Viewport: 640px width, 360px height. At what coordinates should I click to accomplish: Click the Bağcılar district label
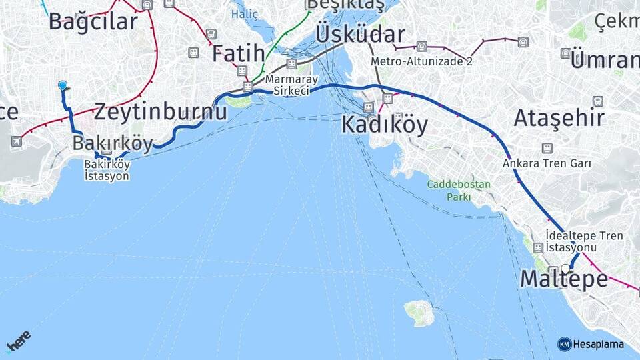(93, 21)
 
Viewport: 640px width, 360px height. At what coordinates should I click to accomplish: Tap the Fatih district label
(239, 53)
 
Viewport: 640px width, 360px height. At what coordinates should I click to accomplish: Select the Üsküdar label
(360, 34)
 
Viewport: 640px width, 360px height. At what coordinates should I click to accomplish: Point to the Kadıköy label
(385, 125)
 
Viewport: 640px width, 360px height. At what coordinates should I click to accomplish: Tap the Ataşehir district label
(559, 118)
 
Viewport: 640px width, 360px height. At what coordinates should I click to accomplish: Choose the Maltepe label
(563, 279)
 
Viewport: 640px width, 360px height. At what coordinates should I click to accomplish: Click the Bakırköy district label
(112, 143)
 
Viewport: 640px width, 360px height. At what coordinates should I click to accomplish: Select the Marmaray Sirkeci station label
(287, 85)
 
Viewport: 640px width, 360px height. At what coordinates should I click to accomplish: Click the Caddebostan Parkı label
(459, 190)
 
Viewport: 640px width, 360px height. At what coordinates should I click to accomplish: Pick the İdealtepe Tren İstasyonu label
(584, 241)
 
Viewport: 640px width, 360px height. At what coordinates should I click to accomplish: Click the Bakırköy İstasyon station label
(107, 170)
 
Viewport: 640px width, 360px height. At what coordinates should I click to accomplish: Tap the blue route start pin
(63, 85)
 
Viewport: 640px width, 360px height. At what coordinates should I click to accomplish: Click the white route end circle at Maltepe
(565, 269)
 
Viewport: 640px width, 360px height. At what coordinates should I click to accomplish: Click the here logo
(18, 341)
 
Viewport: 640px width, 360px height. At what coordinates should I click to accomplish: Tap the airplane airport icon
(16, 141)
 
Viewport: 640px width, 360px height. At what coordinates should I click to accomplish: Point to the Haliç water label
(244, 13)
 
